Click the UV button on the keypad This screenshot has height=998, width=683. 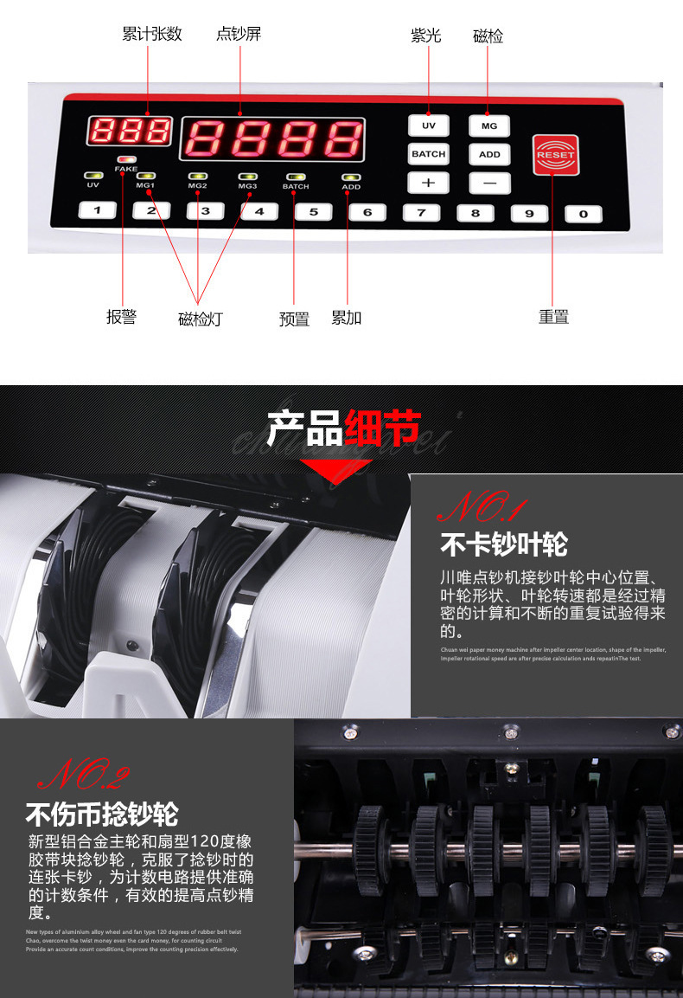[428, 126]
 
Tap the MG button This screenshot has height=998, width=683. [489, 126]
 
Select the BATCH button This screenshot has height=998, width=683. [428, 154]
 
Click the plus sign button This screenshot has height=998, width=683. [428, 183]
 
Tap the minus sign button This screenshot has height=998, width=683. [489, 183]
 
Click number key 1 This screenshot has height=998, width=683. [98, 209]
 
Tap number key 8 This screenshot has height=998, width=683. [475, 213]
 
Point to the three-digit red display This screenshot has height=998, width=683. [130, 131]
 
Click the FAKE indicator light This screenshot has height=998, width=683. [126, 161]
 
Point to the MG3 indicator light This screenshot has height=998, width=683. [248, 176]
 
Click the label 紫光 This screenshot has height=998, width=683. [425, 35]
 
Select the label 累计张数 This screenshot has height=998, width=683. [152, 35]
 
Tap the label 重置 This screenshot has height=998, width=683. [553, 317]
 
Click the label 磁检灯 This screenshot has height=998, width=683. [200, 319]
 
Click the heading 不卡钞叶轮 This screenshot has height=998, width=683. [504, 544]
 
